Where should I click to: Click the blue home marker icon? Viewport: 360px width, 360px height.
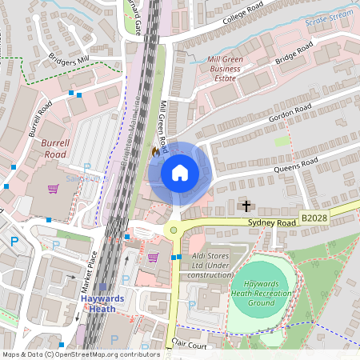pyautogui.click(x=180, y=173)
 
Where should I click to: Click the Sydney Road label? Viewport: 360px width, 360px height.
pyautogui.click(x=272, y=222)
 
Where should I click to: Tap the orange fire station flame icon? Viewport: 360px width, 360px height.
pyautogui.click(x=155, y=150)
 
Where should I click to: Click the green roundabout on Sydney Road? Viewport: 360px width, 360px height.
pyautogui.click(x=172, y=230)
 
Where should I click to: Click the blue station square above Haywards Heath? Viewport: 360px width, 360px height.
pyautogui.click(x=103, y=287)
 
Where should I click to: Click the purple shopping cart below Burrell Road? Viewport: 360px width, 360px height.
pyautogui.click(x=54, y=190)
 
